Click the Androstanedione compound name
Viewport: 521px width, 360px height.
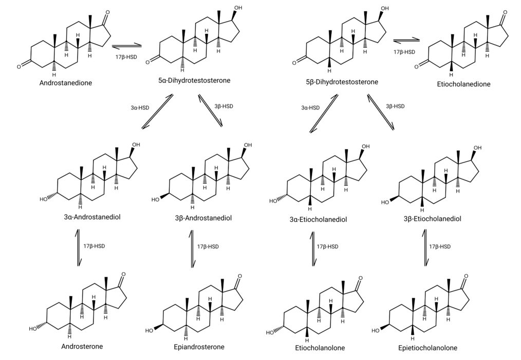(x=66, y=82)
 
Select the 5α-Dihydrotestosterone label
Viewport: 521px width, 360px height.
(x=194, y=80)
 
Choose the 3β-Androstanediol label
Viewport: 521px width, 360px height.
(x=203, y=218)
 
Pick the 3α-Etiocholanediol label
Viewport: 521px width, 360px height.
(x=319, y=220)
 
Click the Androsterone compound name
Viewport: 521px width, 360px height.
(x=82, y=346)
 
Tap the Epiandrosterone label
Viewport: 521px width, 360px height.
(x=199, y=347)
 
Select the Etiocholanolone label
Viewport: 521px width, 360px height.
(x=320, y=348)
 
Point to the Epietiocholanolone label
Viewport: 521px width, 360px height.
(x=427, y=348)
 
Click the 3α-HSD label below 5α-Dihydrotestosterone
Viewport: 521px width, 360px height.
(x=140, y=108)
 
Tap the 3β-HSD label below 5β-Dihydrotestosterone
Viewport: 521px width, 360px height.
(x=395, y=106)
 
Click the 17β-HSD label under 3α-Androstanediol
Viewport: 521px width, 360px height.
(x=94, y=246)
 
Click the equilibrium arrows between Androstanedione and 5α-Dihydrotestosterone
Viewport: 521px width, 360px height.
(x=126, y=45)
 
